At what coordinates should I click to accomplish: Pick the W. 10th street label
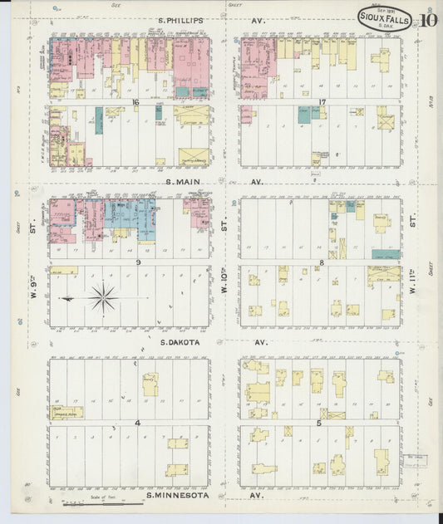(x=224, y=284)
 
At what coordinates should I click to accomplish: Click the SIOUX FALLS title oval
(x=384, y=19)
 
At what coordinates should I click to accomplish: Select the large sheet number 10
(x=430, y=20)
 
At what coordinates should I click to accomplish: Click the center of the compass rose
(x=102, y=297)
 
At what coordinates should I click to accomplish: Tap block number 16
(x=135, y=102)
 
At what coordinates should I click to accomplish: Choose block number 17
(x=321, y=102)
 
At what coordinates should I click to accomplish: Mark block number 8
(x=321, y=262)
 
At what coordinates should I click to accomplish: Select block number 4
(x=135, y=423)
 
